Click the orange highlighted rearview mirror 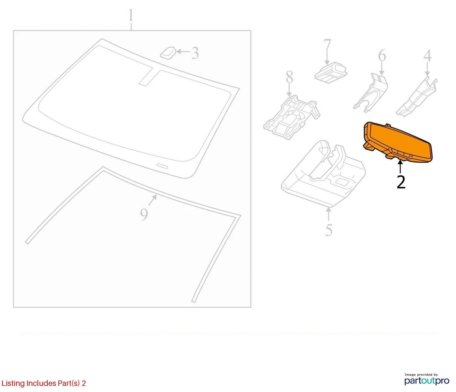397,142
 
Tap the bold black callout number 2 401,182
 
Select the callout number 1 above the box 131,15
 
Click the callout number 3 195,53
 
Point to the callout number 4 427,56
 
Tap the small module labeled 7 331,72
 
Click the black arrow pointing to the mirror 400,168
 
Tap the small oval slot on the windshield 162,165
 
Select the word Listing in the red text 13,383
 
